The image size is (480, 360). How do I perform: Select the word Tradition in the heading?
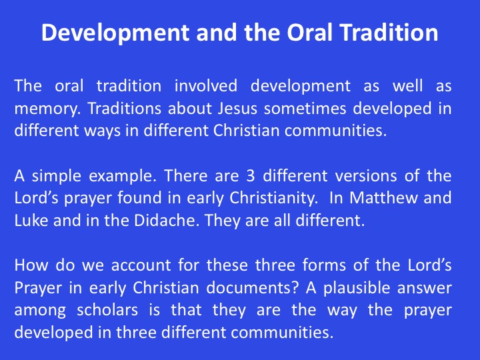point(389,32)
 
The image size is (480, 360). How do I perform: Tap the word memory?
point(48,109)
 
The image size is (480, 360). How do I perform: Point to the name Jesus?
point(237,108)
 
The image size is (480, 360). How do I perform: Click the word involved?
point(206,85)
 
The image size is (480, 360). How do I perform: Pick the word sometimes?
point(305,108)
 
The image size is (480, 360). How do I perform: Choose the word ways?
point(102,131)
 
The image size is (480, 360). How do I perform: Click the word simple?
point(57,176)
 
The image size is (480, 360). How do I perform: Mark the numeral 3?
point(251,176)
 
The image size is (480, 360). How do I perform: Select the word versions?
point(363,176)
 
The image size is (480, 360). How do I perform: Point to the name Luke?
point(31,221)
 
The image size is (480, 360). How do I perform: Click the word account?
point(141,265)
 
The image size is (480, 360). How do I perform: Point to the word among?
point(40,311)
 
